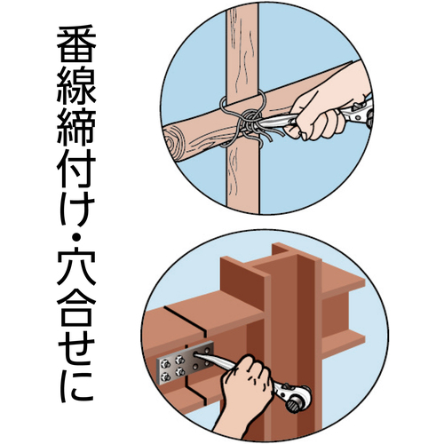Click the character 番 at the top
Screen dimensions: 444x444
(76, 47)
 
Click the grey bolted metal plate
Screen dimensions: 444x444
(185, 362)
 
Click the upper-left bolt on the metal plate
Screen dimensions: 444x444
(167, 363)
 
